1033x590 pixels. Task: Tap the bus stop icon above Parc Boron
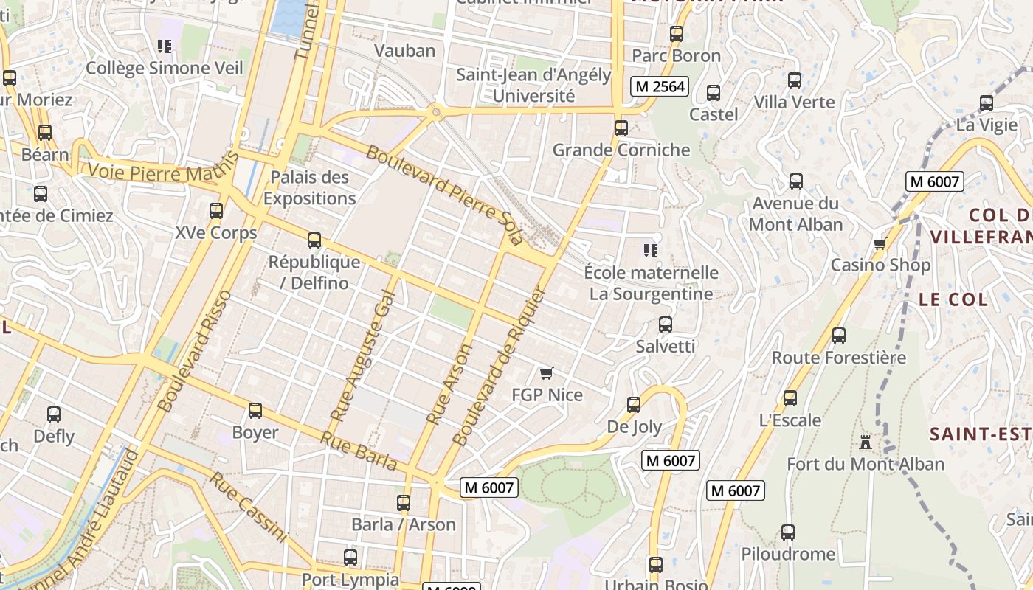pos(677,34)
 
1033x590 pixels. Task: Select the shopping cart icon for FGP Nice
pos(547,374)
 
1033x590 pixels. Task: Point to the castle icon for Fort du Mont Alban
pos(866,442)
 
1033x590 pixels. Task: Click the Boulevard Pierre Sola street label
pos(444,195)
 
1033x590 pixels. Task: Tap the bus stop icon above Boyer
pos(255,411)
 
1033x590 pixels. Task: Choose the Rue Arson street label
pos(449,384)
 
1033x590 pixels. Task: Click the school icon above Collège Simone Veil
pos(165,47)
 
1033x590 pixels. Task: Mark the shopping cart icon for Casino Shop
pos(880,243)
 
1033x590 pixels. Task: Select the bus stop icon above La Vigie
pos(987,103)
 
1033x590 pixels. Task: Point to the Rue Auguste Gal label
pos(364,357)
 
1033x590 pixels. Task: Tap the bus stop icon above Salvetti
pos(666,324)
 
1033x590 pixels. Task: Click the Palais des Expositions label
pos(310,188)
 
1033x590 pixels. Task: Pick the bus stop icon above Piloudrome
pos(788,532)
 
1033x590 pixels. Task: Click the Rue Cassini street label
pos(247,507)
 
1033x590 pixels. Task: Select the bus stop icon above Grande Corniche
pos(621,128)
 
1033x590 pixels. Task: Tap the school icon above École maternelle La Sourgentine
pos(650,251)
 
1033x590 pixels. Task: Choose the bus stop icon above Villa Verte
pos(795,80)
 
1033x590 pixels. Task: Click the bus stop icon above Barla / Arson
pos(404,503)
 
